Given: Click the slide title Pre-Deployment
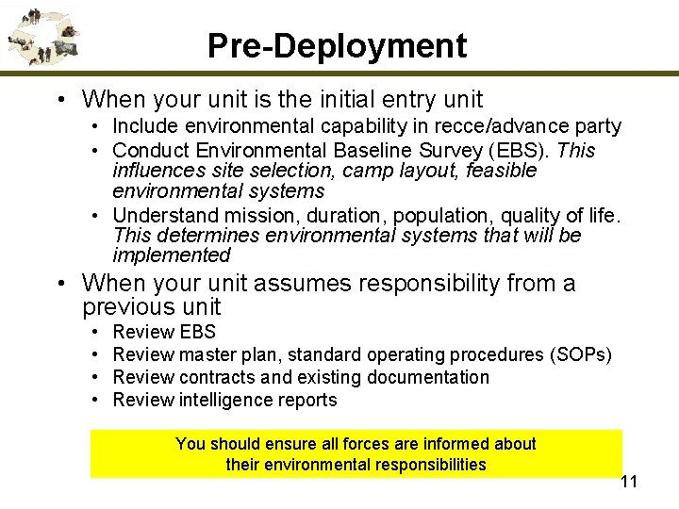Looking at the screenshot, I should pyautogui.click(x=337, y=45).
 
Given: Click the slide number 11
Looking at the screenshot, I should pyautogui.click(x=629, y=482).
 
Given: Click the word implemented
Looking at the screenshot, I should pyautogui.click(x=171, y=256).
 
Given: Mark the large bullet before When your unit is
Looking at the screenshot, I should pyautogui.click(x=59, y=99).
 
